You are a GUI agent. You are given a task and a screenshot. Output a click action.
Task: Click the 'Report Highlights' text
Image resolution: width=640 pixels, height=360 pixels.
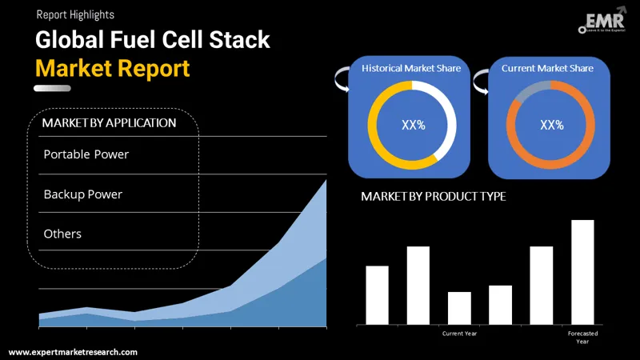coord(74,14)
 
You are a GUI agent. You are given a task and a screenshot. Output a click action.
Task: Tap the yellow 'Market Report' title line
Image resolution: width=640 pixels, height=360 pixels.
coord(112,67)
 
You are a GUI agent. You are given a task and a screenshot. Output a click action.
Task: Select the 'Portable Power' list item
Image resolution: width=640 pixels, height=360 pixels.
coord(86,154)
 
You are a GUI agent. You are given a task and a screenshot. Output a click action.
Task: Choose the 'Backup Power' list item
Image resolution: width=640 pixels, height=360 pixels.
coord(82,194)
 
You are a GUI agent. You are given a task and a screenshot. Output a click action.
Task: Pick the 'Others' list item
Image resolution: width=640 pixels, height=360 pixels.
coord(62,234)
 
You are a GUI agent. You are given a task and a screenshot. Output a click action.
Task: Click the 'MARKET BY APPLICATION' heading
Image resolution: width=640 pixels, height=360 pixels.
coord(109,123)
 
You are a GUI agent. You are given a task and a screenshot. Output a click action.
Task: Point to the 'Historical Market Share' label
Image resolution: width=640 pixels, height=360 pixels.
coord(411,69)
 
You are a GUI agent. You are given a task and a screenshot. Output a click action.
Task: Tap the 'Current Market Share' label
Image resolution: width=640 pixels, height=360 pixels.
coord(547,69)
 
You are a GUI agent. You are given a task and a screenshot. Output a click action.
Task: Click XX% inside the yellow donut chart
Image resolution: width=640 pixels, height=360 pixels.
coord(412,125)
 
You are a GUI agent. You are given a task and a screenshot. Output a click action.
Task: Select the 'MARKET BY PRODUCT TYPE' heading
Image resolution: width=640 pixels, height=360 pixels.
coord(433,196)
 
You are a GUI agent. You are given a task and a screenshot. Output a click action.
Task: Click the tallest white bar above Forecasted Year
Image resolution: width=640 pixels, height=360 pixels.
coord(582,272)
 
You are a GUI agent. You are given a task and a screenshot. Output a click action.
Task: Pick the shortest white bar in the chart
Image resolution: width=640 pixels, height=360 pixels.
coord(459,308)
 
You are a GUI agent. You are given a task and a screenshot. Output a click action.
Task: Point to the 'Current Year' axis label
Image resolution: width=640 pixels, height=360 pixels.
coord(459,333)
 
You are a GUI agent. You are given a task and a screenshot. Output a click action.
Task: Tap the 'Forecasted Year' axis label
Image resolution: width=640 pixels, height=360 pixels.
coord(582,337)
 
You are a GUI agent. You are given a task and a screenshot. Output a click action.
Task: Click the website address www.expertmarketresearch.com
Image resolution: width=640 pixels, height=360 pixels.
coord(73,352)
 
